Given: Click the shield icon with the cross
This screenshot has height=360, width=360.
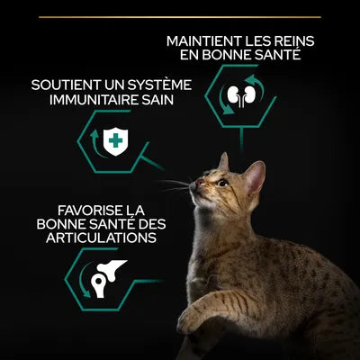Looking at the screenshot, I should pyautogui.click(x=114, y=139).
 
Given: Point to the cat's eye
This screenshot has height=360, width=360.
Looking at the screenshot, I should pyautogui.click(x=222, y=183).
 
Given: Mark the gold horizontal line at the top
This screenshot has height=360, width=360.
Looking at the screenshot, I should pyautogui.click(x=180, y=16).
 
